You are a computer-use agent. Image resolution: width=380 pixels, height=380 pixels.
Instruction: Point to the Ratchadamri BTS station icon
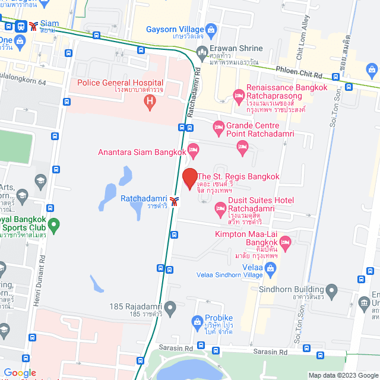click(174, 200)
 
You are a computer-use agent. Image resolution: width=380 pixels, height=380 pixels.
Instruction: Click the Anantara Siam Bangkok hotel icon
click(192, 148)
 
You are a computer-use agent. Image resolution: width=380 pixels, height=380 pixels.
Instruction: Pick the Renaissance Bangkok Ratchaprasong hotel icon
click(239, 95)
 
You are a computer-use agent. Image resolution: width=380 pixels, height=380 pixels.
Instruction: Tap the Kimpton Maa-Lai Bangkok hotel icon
click(285, 242)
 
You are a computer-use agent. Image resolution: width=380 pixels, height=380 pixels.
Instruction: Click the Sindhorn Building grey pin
click(331, 291)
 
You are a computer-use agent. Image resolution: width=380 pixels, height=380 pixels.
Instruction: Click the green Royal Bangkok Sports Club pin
click(54, 225)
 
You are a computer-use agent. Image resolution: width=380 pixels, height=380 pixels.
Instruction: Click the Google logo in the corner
click(20, 373)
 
